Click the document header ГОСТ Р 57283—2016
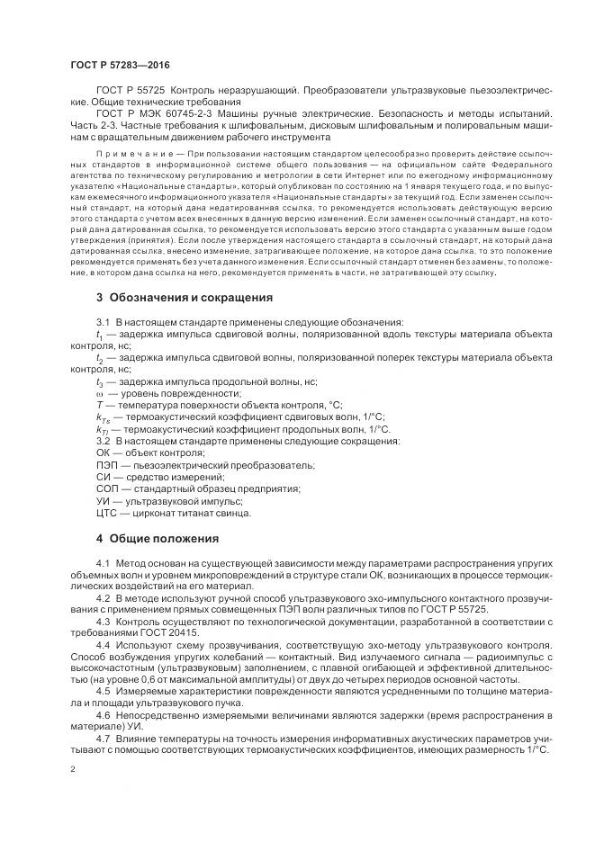click(119, 66)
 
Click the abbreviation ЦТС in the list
click(107, 513)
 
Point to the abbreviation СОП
click(107, 488)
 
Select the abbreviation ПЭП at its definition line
click(107, 465)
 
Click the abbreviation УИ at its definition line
click(103, 501)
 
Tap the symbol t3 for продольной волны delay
click(100, 381)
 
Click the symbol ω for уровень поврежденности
click(99, 393)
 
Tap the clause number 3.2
click(103, 441)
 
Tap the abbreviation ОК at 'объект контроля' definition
click(103, 452)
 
